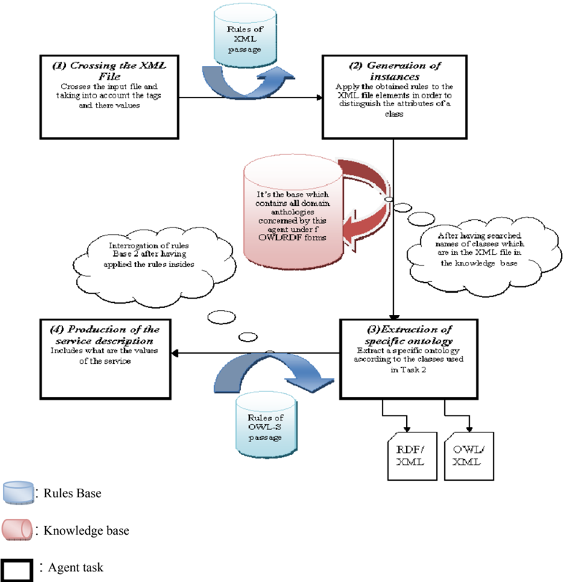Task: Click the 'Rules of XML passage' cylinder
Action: [x=245, y=36]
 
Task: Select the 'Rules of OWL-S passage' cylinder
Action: [x=266, y=426]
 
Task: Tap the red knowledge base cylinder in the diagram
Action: [x=293, y=212]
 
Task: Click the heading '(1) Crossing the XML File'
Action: [x=110, y=71]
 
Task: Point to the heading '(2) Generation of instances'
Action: [x=395, y=71]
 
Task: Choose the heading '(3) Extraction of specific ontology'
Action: [x=409, y=335]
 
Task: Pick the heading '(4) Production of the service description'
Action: [x=105, y=335]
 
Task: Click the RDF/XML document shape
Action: [x=413, y=456]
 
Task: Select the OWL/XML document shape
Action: [x=469, y=456]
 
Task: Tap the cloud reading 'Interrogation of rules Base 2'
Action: [x=153, y=266]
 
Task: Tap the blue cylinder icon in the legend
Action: [x=18, y=493]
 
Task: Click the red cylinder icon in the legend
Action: [x=17, y=530]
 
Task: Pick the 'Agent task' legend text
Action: [x=75, y=568]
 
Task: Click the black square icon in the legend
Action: [x=17, y=570]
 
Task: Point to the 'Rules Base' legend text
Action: [x=72, y=493]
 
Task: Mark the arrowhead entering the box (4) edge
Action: [x=174, y=353]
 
